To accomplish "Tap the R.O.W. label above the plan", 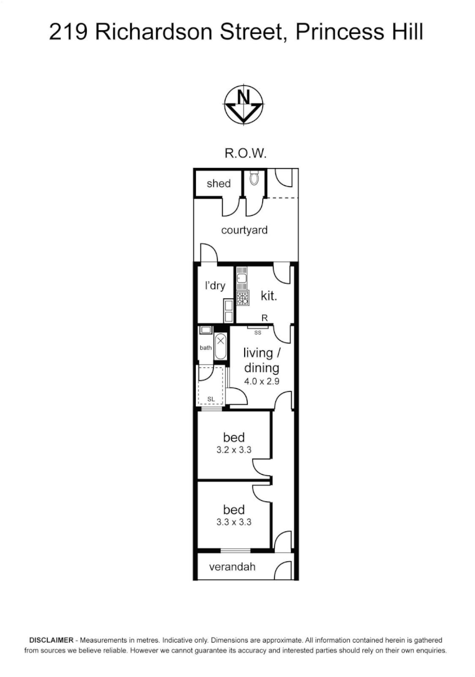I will pos(245,153).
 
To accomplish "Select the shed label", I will pos(218,184).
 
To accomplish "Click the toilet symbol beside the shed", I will pos(253,179).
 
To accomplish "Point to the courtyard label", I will pos(244,230).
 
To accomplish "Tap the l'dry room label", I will pos(215,286).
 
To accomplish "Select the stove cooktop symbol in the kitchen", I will pos(243,298).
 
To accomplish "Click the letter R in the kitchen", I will pos(265,318).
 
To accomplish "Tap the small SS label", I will pos(257,332).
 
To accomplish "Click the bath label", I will pos(205,348).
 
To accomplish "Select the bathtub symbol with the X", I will pos(220,348).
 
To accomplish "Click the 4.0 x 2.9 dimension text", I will pos(261,380).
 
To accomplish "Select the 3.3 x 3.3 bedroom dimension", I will pos(233,522).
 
